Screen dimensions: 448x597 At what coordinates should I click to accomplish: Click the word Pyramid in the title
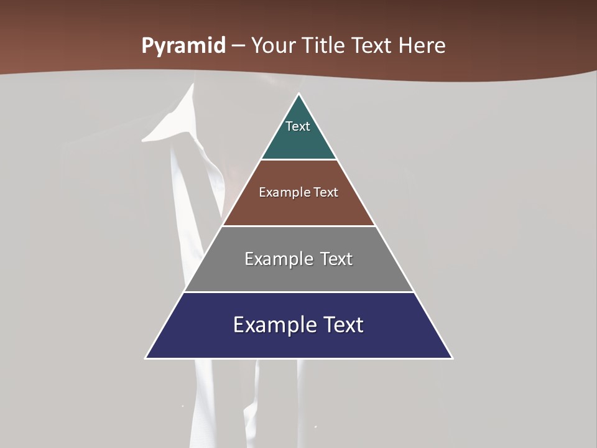(183, 46)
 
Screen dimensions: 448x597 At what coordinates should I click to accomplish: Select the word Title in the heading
(324, 46)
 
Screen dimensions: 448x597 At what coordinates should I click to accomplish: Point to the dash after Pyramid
(239, 46)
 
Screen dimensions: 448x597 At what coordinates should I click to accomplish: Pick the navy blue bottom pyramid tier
(298, 342)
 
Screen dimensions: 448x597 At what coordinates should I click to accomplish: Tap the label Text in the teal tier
(298, 126)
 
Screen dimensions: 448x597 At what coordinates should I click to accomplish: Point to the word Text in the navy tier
(341, 325)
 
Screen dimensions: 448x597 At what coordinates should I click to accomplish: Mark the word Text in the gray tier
(336, 259)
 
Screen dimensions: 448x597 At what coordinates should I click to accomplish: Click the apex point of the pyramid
(298, 95)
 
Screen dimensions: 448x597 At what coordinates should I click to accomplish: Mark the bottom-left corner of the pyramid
(146, 358)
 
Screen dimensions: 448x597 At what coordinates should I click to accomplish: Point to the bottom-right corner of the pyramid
(451, 358)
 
